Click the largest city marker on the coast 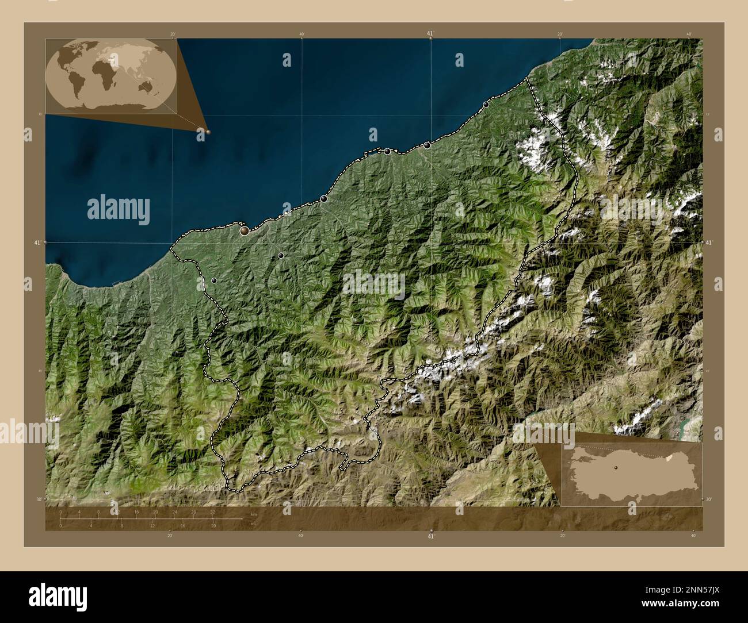click(x=245, y=230)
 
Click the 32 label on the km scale click(x=212, y=512)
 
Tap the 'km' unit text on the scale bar click(x=254, y=514)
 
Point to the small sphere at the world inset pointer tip click(x=208, y=132)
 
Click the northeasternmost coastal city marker click(x=486, y=105)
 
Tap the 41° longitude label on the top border click(x=430, y=33)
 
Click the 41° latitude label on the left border click(x=37, y=243)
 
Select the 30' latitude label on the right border click(x=708, y=499)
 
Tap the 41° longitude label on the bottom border click(x=431, y=536)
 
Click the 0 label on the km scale click(x=60, y=512)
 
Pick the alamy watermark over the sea click(x=119, y=208)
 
